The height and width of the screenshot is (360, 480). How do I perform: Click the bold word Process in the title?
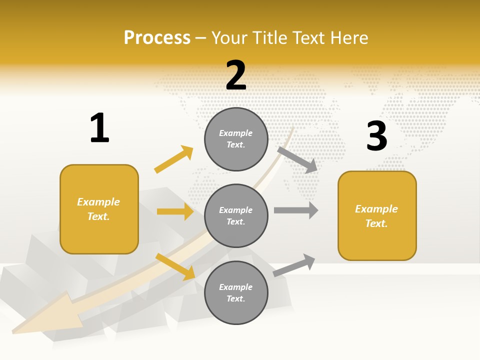[x=157, y=38]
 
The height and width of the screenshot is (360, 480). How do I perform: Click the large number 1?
[x=99, y=128]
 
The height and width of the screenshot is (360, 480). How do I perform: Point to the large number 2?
[x=236, y=75]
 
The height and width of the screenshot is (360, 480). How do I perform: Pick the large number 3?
[x=376, y=136]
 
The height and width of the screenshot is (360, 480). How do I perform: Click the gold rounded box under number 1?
[x=99, y=209]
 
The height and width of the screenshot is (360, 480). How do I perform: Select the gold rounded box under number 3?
[x=377, y=216]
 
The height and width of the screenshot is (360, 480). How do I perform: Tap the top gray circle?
[x=236, y=139]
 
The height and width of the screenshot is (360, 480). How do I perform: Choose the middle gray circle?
[x=236, y=216]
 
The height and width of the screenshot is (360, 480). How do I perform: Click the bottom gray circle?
[x=236, y=292]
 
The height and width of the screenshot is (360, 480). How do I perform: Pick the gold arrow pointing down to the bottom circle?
[x=175, y=266]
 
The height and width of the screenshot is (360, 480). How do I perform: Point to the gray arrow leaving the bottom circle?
[x=294, y=265]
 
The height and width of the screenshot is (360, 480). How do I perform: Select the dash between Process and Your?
[x=201, y=38]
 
